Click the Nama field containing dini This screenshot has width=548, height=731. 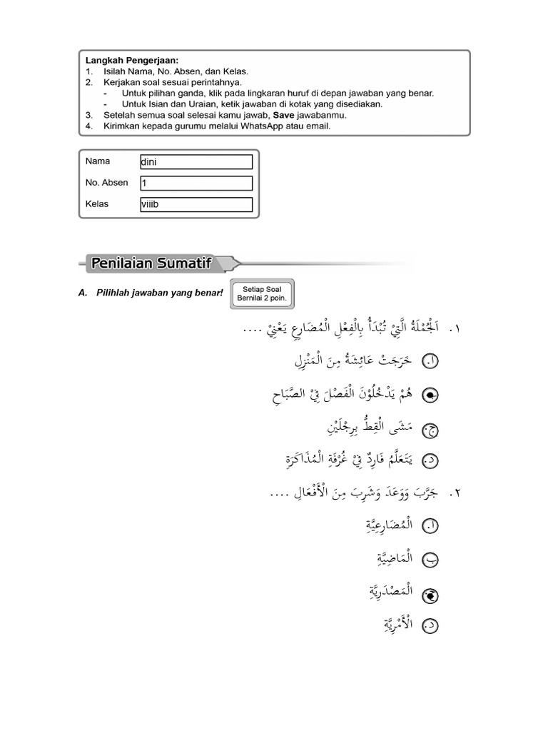point(196,162)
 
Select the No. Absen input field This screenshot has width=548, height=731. point(196,183)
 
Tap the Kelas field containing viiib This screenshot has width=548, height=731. point(196,205)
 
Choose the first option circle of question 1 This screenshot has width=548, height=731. point(432,362)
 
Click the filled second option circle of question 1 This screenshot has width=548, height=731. point(432,395)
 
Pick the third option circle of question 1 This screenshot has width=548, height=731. point(432,429)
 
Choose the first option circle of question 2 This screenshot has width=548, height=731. point(432,527)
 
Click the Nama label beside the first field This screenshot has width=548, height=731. point(98,161)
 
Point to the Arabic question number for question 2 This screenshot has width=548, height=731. point(455,494)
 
